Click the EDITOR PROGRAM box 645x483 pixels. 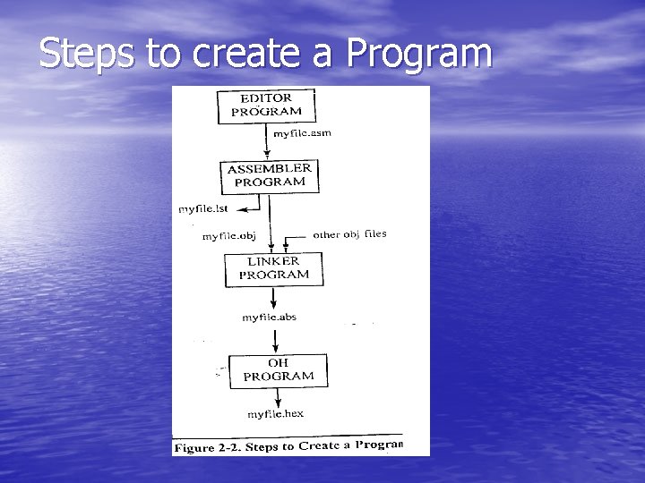267,106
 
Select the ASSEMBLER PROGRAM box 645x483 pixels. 270,175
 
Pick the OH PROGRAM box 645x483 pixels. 278,370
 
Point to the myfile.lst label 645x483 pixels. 204,209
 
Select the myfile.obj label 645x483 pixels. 229,236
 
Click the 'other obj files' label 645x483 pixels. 349,234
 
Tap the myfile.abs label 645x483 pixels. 270,317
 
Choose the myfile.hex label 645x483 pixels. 276,413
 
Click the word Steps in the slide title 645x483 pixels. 89,53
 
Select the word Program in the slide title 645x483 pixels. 419,55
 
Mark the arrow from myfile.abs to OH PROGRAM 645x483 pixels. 277,339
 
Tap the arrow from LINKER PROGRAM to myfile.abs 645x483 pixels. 274,299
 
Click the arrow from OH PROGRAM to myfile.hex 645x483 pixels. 277,397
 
